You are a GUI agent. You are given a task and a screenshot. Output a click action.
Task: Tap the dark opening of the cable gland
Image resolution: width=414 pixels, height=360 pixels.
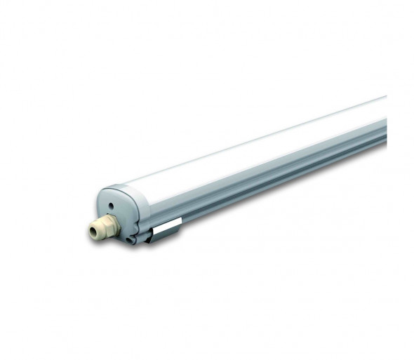pyautogui.click(x=93, y=232)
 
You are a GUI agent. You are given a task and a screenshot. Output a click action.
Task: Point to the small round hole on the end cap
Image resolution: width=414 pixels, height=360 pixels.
pyautogui.click(x=111, y=205)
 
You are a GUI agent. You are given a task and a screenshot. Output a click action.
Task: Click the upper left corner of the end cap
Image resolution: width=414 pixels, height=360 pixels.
pyautogui.click(x=102, y=192)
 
